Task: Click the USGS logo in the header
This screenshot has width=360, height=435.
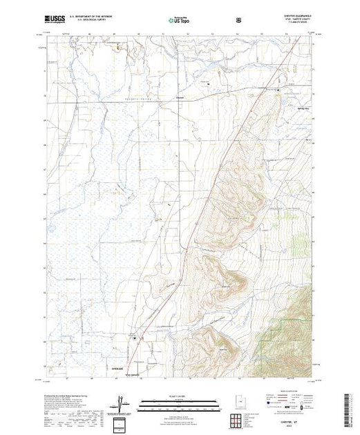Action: point(54,20)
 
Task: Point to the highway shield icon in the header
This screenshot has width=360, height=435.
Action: point(238,20)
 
